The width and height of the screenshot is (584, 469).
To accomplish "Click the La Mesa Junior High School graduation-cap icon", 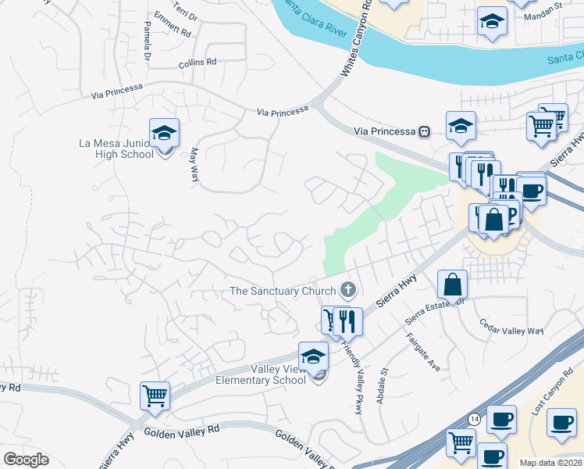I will pos(165,133).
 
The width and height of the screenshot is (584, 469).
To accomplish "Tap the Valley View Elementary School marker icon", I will pos(313,356).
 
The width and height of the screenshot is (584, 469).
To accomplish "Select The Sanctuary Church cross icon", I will pos(348,291).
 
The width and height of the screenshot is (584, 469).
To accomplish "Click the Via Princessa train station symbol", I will pos(424,131).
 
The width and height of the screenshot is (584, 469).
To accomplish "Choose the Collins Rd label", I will pos(196,63).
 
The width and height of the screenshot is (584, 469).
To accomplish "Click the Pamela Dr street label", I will pos(146,41).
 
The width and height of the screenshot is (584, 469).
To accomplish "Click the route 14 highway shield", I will pos(472,418).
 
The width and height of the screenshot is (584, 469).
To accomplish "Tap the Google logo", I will pos(26,460).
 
